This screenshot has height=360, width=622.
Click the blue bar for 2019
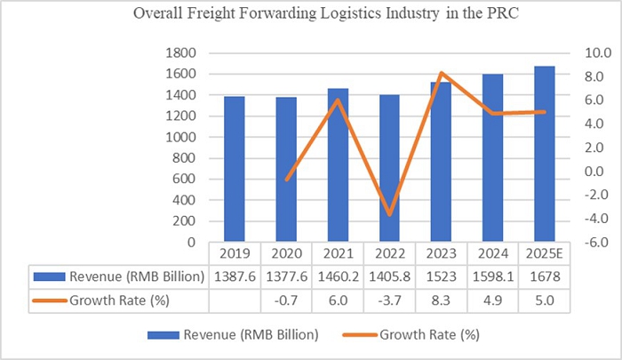234,169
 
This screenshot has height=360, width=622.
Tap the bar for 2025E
545,156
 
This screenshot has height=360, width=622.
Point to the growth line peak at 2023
441,73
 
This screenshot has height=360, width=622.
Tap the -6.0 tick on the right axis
590,242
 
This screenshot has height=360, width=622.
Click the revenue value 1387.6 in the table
234,276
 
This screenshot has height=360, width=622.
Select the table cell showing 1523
441,276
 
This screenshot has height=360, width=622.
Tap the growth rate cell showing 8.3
441,300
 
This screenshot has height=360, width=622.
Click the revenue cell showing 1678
545,276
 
